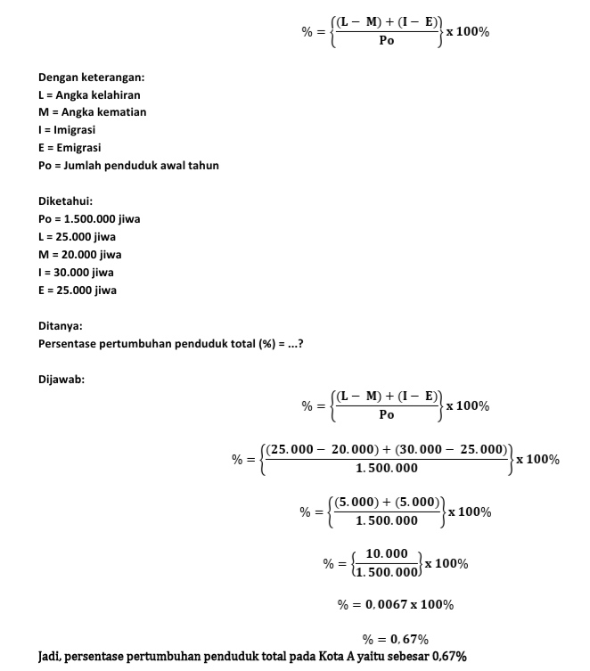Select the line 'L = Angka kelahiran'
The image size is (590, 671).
pos(89,94)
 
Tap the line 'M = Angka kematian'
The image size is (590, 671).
pos(92,112)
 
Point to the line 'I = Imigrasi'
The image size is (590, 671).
pos(67,130)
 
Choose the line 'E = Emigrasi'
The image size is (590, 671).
pos(69,148)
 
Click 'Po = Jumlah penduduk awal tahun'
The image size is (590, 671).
pos(128,166)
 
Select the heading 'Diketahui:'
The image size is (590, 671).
pos(65,201)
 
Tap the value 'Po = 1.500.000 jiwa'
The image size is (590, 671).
pos(89,219)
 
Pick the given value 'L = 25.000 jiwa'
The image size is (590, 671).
pos(77,237)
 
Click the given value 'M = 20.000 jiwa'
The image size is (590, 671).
pos(79,255)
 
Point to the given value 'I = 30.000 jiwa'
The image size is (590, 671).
pos(76,273)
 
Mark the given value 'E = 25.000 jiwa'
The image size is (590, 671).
pos(78,290)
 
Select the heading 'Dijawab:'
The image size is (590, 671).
pos(61,380)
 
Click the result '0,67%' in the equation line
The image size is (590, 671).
pos(407,640)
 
